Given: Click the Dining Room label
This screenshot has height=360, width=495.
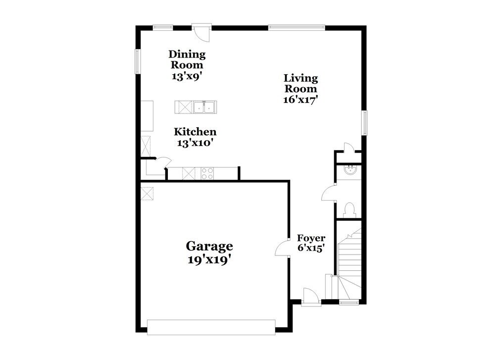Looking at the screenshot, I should tap(187, 59).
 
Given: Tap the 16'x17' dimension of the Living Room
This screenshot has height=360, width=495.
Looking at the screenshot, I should tap(300, 99).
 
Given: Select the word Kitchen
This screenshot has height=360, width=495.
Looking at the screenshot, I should tap(195, 132).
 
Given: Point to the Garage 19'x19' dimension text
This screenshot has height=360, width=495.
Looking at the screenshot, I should tap(209, 259).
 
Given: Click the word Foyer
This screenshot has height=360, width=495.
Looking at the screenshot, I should tap(311, 238).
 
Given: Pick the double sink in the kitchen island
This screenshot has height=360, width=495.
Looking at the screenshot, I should tap(203, 106).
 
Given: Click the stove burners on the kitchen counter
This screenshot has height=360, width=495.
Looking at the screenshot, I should tap(207, 173).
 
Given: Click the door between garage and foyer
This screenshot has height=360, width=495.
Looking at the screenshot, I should tap(282, 247).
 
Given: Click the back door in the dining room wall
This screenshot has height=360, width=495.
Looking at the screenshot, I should tap(202, 32).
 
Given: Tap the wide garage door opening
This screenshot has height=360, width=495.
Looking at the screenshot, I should tap(211, 326).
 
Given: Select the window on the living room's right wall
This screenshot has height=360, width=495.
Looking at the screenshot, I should tap(364, 122).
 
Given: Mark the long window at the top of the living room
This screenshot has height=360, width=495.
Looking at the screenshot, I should tap(297, 27).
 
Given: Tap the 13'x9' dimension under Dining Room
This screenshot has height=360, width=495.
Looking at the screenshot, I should tap(187, 76).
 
